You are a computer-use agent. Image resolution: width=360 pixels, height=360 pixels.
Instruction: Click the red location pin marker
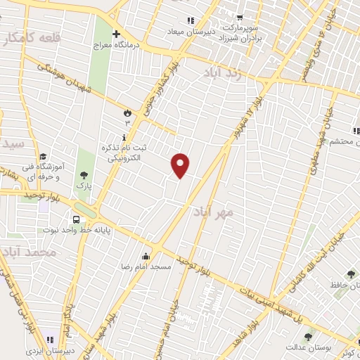pyautogui.click(x=181, y=165)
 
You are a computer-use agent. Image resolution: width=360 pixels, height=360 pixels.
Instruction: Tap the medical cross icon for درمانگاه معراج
pyautogui.click(x=116, y=33)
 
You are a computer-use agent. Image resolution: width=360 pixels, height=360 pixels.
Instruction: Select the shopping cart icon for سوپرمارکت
pyautogui.click(x=239, y=18)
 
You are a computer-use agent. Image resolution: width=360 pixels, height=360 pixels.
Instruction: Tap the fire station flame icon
pyautogui.click(x=127, y=112)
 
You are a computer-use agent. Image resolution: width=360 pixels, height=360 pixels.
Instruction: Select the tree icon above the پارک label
pyautogui.click(x=84, y=175)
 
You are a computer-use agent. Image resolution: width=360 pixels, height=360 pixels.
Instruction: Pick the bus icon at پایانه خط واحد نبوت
pyautogui.click(x=75, y=219)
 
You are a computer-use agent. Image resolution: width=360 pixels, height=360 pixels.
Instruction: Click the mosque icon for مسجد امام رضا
pyautogui.click(x=146, y=256)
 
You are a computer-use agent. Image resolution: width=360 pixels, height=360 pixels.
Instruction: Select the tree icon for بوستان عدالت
pyautogui.click(x=307, y=336)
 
